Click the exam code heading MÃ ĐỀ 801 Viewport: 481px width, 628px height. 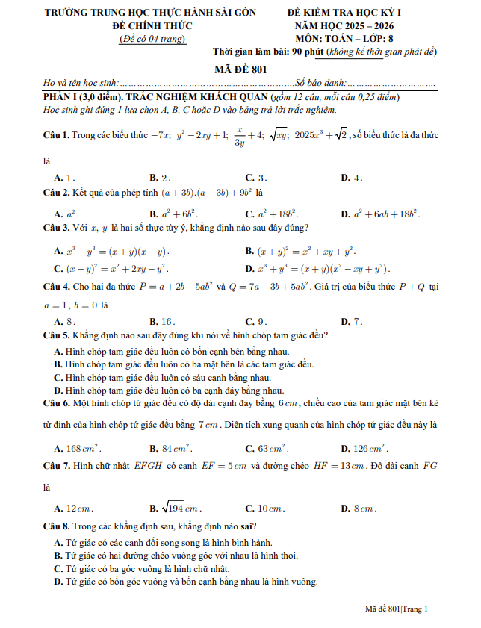(240, 69)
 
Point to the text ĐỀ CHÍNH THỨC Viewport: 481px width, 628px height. (152, 25)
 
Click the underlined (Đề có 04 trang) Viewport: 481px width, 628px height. (152, 39)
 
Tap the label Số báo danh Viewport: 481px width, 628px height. (320, 83)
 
